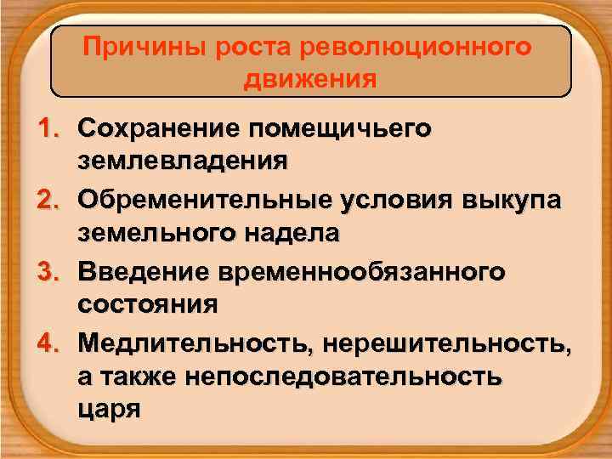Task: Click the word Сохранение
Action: click(x=156, y=129)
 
